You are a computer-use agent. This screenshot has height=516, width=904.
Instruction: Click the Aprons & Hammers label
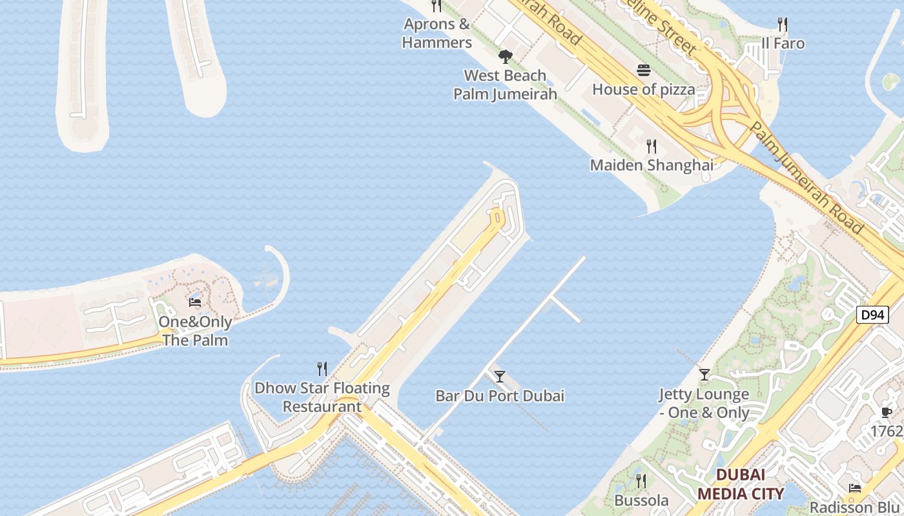coord(437,34)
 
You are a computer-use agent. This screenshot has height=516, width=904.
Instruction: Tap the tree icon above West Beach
coord(506,57)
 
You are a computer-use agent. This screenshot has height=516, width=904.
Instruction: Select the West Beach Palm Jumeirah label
coord(505,84)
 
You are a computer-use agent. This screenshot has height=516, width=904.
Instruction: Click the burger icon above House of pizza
coord(643,70)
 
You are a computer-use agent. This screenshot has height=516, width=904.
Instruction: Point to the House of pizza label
coord(643,89)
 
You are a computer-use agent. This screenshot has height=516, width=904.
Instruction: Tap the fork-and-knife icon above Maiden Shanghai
coord(652,146)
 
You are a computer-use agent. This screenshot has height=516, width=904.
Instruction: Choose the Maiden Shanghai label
coord(652,165)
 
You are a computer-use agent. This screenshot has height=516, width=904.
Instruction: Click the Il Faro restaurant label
coord(783,43)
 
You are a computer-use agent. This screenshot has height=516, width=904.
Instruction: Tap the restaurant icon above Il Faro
coord(782,25)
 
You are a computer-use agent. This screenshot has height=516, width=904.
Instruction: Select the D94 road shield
coord(872,315)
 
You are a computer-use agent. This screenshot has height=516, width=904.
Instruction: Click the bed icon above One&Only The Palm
coord(195,302)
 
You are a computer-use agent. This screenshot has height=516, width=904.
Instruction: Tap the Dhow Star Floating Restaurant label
coord(322,397)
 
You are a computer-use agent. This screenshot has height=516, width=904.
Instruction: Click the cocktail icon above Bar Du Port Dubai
coord(499,376)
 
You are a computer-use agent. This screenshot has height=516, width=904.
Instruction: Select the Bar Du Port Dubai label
coord(499,395)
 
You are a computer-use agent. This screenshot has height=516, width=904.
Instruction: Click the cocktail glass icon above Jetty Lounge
coord(704,374)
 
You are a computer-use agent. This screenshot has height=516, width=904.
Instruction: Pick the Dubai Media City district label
coord(741,484)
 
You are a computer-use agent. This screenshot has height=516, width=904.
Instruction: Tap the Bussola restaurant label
coord(641,501)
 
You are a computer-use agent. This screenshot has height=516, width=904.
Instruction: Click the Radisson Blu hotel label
coord(854,508)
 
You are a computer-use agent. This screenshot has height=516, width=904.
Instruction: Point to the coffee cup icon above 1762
coord(887,412)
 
